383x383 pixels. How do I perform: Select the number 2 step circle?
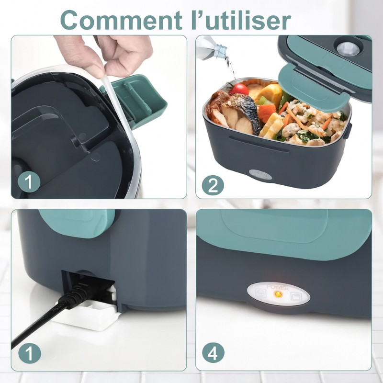[212, 184]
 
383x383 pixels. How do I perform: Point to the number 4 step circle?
[213, 354]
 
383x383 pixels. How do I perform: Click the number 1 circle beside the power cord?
[28, 354]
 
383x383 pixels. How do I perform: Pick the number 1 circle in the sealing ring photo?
[28, 182]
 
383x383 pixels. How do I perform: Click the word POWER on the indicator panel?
[278, 288]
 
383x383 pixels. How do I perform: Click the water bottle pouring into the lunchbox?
[212, 48]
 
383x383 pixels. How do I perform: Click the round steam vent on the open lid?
[348, 48]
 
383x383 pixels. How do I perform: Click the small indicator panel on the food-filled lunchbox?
[260, 175]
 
